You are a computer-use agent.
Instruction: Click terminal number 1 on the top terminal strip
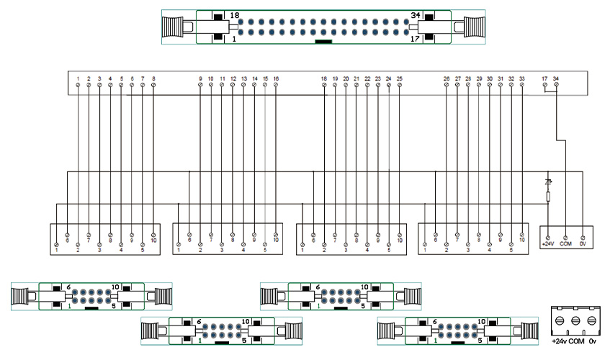pyautogui.click(x=78, y=78)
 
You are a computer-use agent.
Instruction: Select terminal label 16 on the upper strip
pyautogui.click(x=276, y=78)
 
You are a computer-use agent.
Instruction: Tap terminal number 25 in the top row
pyautogui.click(x=399, y=78)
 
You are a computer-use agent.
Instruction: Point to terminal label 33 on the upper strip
pyautogui.click(x=521, y=78)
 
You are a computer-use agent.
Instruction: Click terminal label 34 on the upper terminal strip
pyautogui.click(x=556, y=78)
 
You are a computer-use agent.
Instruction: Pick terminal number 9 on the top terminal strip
pyautogui.click(x=200, y=78)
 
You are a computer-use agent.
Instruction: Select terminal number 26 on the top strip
pyautogui.click(x=447, y=78)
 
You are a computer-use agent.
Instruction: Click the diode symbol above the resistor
pyautogui.click(x=548, y=182)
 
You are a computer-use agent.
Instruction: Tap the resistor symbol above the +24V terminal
pyautogui.click(x=548, y=197)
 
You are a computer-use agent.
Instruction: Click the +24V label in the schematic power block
pyautogui.click(x=547, y=243)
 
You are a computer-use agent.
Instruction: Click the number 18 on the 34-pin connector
pyautogui.click(x=235, y=15)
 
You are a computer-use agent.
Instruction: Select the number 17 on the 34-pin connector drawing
pyautogui.click(x=414, y=40)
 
